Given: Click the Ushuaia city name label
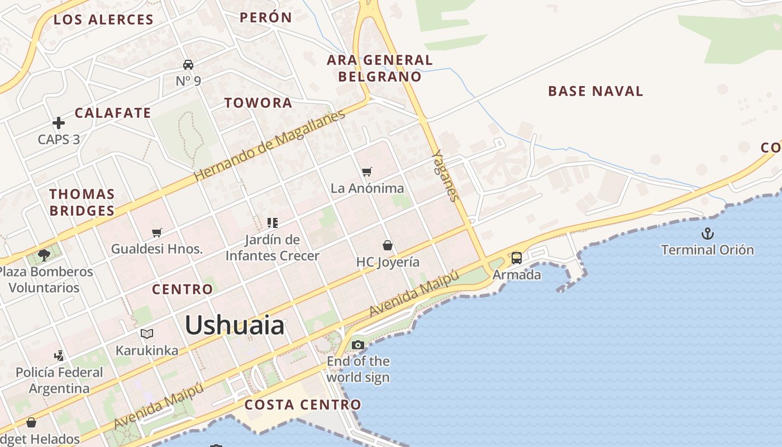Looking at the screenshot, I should [x=235, y=325].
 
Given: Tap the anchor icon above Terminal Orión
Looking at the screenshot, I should [x=708, y=234].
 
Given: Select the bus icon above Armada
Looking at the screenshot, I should [x=517, y=258].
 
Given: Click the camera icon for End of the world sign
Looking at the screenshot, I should [x=358, y=345].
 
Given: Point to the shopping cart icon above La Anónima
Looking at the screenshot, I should [x=367, y=172].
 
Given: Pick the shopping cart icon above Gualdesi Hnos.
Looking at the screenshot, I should [x=157, y=232].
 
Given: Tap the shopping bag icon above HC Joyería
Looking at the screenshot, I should [x=388, y=245].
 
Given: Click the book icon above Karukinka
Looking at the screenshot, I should [x=147, y=334].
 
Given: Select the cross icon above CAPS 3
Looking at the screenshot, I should [x=59, y=123].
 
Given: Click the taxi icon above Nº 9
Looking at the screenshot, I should [x=188, y=65].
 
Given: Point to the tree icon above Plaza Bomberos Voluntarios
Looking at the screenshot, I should [x=44, y=255].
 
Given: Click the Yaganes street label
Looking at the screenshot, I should [x=446, y=175].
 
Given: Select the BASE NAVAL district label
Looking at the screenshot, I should [x=595, y=91].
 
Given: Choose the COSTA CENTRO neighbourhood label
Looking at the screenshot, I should [x=303, y=405].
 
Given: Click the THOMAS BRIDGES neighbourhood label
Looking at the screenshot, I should [x=82, y=202].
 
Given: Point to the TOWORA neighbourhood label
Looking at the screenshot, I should [x=258, y=103].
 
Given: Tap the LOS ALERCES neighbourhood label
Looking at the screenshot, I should [x=103, y=20].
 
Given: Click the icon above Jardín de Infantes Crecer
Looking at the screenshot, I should [x=273, y=223].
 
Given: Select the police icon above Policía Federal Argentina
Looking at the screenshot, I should [x=59, y=355].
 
